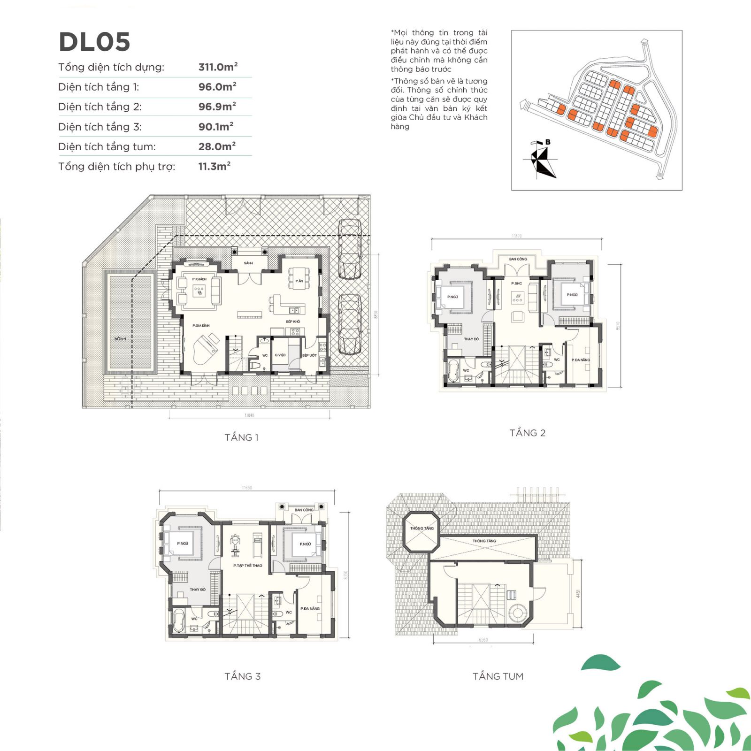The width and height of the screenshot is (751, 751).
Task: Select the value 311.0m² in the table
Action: (x=217, y=67)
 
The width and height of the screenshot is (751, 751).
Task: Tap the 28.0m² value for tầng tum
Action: (x=216, y=146)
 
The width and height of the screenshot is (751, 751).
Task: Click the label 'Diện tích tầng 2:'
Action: (x=100, y=107)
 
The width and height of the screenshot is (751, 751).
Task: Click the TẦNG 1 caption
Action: (x=241, y=437)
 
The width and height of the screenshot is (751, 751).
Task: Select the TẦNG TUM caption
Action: (x=498, y=676)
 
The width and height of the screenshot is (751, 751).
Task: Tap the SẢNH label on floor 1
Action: (x=248, y=263)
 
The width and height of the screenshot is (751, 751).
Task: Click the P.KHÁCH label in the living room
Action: (x=199, y=279)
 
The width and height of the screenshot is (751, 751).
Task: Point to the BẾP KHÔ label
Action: (x=293, y=322)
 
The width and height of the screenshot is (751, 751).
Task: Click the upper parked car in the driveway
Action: (x=350, y=249)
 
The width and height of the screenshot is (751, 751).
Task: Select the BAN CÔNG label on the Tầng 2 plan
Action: (x=518, y=259)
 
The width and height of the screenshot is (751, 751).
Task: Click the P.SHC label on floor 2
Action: (x=516, y=284)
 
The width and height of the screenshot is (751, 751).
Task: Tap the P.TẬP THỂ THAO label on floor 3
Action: (x=247, y=566)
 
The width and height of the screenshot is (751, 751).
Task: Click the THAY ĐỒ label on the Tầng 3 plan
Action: (x=198, y=590)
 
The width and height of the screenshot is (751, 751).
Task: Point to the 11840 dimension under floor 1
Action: (x=249, y=415)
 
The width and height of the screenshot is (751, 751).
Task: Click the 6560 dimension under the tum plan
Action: (x=483, y=640)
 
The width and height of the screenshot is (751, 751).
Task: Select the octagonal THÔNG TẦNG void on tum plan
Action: (x=421, y=531)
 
